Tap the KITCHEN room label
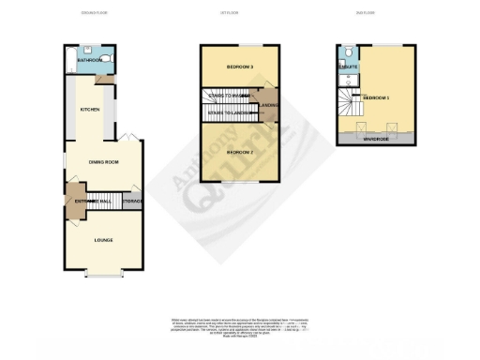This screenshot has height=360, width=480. (90, 110)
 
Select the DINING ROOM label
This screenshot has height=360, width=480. (102, 162)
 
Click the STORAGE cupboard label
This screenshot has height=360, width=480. (132, 201)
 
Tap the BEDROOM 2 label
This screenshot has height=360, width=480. (241, 151)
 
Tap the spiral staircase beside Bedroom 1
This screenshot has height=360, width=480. (350, 105)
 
